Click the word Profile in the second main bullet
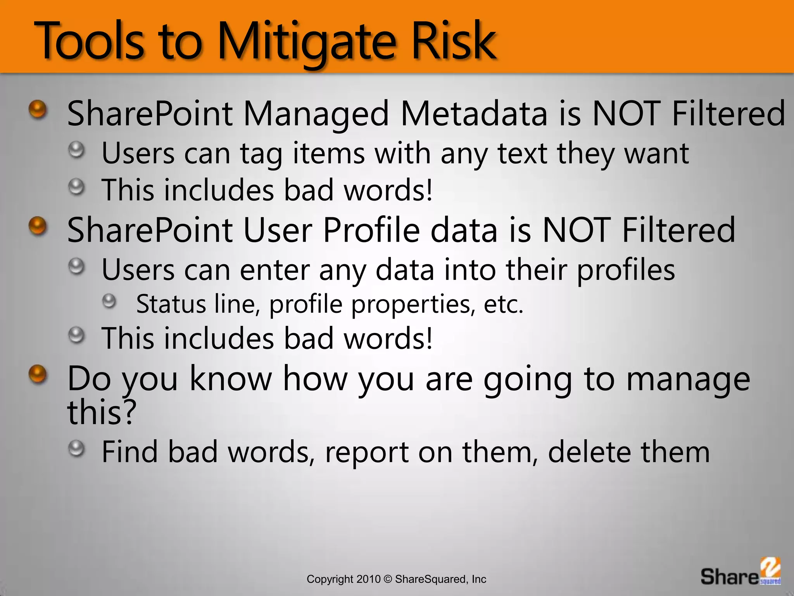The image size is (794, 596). coord(371,230)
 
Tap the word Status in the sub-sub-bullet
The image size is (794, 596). coord(171,304)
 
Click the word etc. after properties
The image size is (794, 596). coord(504,304)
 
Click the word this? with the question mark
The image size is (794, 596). coord(102,412)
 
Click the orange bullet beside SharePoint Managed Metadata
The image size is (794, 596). coord(38,109)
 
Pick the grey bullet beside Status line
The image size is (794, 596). coord(110,301)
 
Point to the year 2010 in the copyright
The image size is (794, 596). coord(368,579)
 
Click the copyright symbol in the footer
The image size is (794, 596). coord(388,579)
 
